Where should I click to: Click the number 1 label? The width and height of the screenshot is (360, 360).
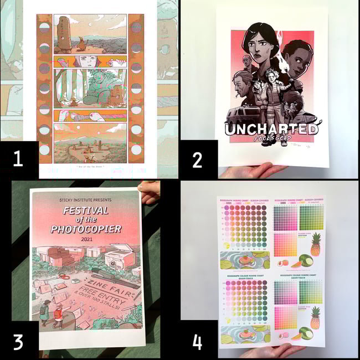(18, 159)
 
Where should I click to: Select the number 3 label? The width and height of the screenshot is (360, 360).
(18, 341)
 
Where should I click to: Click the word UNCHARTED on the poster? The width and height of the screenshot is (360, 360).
(271, 128)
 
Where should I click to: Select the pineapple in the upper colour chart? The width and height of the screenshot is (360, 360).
(315, 244)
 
